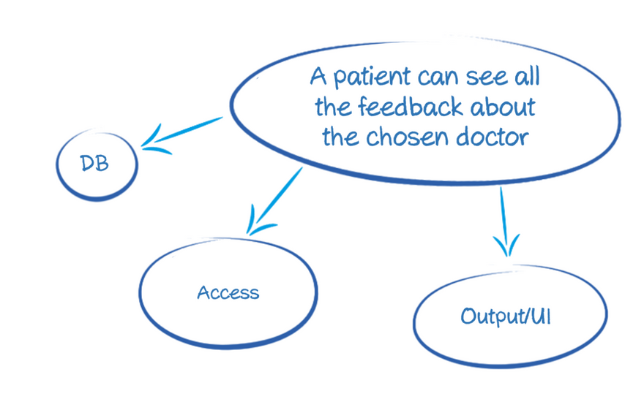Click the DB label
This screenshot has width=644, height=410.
[95, 163]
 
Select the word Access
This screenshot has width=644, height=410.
[228, 293]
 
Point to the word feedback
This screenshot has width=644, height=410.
[411, 107]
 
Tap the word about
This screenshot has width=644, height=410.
[503, 107]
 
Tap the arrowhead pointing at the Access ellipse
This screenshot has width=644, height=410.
[253, 224]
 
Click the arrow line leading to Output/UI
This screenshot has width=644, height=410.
[503, 212]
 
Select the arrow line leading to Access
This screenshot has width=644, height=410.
[278, 194]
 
